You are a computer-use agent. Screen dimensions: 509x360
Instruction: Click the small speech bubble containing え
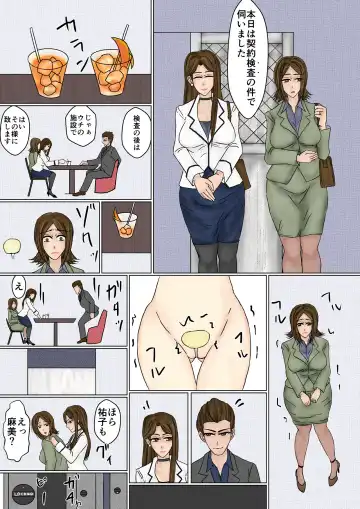coord(17,284)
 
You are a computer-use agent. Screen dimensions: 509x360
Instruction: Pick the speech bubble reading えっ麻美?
coord(17,421)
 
